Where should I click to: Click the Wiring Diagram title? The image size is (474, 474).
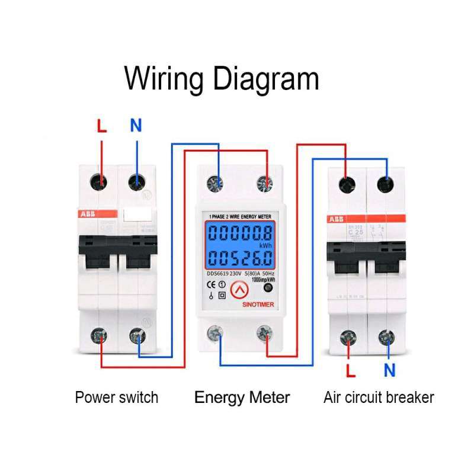pyautogui.click(x=222, y=79)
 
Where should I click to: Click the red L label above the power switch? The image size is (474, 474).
pyautogui.click(x=103, y=126)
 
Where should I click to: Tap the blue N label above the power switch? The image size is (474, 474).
pyautogui.click(x=136, y=126)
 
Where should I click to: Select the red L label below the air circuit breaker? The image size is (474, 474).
pyautogui.click(x=351, y=371)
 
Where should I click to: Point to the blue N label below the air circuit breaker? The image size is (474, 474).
pyautogui.click(x=389, y=371)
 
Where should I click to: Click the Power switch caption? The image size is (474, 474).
pyautogui.click(x=117, y=397)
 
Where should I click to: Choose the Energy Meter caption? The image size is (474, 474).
pyautogui.click(x=242, y=397)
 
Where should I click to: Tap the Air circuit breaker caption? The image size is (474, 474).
pyautogui.click(x=379, y=397)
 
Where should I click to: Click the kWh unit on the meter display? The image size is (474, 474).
pyautogui.click(x=264, y=245)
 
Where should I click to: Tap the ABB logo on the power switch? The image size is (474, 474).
pyautogui.click(x=88, y=213)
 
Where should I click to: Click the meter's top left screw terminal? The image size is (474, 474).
pyautogui.click(x=213, y=184)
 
